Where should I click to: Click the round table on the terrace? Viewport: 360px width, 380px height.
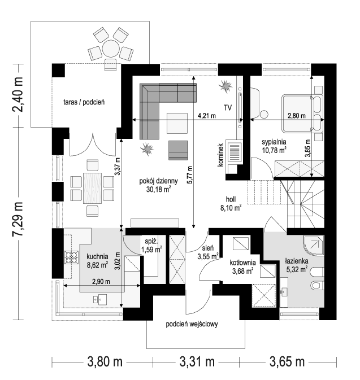(x=110, y=49)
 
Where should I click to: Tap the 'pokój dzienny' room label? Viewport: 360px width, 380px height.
(x=159, y=181)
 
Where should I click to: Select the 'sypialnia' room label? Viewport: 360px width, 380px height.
(x=274, y=142)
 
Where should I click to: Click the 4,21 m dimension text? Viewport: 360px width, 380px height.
(x=207, y=116)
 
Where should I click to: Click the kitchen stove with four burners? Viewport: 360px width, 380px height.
(x=71, y=257)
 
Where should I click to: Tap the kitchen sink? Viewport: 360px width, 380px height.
(x=100, y=299)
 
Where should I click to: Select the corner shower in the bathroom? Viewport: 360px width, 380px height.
(x=314, y=245)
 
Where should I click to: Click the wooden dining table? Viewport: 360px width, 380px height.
(x=92, y=188)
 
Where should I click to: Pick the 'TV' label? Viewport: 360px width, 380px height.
(x=228, y=107)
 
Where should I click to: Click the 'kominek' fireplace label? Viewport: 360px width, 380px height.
(x=220, y=155)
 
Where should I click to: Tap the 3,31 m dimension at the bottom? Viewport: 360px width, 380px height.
(x=197, y=362)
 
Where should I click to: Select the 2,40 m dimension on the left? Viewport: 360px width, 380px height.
(x=18, y=94)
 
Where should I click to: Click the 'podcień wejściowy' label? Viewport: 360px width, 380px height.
(x=192, y=324)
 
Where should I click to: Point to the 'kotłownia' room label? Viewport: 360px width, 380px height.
(x=242, y=262)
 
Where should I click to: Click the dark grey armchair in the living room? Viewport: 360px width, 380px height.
(x=178, y=150)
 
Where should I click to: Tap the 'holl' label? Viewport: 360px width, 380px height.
(x=231, y=199)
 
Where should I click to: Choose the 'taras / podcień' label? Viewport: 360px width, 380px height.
(x=84, y=102)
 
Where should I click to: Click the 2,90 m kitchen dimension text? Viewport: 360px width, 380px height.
(x=101, y=281)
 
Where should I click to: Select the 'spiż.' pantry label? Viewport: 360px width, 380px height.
(x=151, y=241)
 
